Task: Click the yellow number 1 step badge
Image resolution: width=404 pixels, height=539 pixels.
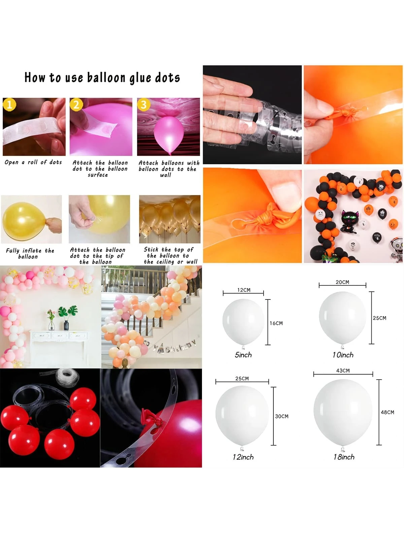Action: (x=9, y=105)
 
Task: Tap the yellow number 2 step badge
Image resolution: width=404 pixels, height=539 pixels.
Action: (x=76, y=105)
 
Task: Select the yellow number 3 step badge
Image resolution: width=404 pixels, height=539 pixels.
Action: (x=144, y=105)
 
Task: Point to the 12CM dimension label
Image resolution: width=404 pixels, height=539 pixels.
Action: (x=244, y=290)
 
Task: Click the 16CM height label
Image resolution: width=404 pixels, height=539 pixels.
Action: (x=276, y=323)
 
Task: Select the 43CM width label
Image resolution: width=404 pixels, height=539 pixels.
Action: (x=343, y=371)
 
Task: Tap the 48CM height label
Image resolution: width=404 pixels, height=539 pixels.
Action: (x=387, y=412)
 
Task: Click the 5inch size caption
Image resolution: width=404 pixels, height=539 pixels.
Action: (x=243, y=355)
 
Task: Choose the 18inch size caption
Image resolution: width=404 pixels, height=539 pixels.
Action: (x=344, y=457)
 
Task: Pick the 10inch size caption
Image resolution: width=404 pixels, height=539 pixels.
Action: (x=343, y=355)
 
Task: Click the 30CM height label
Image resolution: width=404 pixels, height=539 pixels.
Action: (x=281, y=416)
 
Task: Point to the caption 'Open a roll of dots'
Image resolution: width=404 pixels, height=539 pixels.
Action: (x=33, y=162)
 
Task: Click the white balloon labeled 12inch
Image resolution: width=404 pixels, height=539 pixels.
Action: (x=242, y=415)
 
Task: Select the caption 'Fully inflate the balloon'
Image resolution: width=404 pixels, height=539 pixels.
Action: (x=30, y=253)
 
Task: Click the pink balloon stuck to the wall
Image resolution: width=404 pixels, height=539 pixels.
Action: (x=169, y=135)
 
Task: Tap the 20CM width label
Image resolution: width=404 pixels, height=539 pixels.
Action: (x=342, y=282)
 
